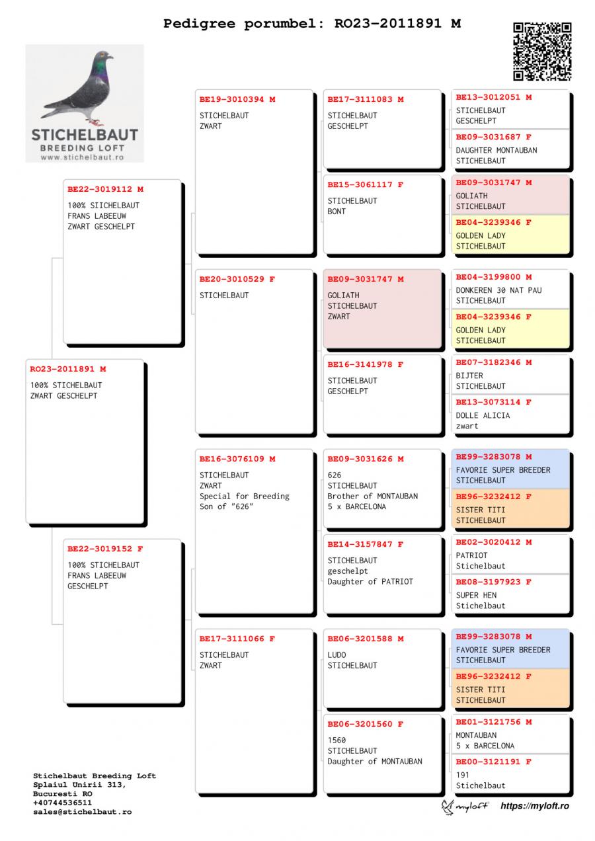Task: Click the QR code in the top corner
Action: (541, 51)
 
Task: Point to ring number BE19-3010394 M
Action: (237, 100)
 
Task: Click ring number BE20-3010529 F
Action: (237, 280)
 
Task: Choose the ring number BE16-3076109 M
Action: (237, 460)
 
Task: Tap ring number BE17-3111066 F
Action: (237, 639)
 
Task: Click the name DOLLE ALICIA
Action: (483, 416)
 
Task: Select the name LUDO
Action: (337, 655)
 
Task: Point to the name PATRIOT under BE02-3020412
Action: (471, 555)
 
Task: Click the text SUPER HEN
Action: (476, 595)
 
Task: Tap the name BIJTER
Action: (469, 376)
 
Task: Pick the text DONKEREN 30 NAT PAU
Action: (498, 290)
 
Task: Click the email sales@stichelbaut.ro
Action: (83, 812)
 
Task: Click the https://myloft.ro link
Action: (534, 806)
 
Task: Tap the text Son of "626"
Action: (225, 506)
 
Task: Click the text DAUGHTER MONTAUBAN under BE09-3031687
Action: (496, 150)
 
